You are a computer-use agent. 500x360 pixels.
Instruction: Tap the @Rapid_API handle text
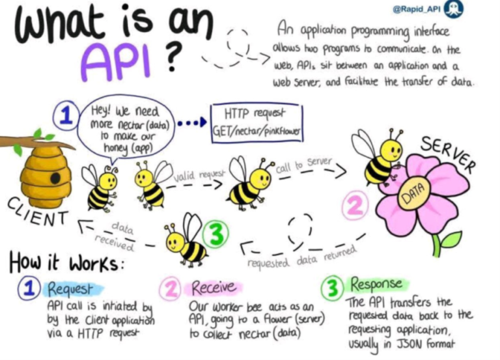[417, 9]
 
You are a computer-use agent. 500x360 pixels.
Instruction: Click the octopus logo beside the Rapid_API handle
[454, 9]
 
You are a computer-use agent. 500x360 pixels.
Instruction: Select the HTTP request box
[257, 123]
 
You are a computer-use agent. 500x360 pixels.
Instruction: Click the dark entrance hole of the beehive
[55, 178]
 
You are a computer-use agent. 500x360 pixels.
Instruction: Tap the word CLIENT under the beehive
[38, 212]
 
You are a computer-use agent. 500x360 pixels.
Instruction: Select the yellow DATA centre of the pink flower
[414, 193]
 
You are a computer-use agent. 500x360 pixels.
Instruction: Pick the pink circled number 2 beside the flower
[355, 206]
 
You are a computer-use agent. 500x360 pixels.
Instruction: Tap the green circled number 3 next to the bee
[216, 235]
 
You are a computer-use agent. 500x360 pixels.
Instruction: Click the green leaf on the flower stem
[452, 240]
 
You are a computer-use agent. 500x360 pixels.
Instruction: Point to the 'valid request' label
[200, 175]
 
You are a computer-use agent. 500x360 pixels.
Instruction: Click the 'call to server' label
[304, 165]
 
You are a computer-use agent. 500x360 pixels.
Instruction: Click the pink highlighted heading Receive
[214, 288]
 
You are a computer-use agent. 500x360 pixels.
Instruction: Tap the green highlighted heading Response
[376, 284]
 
